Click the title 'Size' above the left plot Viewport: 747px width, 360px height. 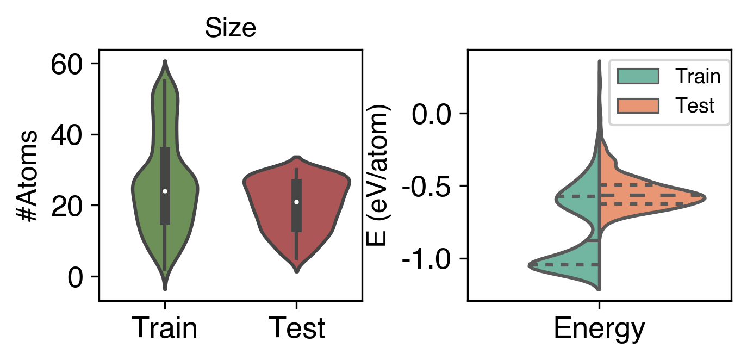[230, 29]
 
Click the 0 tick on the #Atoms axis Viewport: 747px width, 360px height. [77, 277]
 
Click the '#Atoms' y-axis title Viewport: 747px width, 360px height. [27, 175]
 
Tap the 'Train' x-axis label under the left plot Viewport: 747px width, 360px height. [165, 328]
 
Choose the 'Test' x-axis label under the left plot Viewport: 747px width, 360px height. [297, 328]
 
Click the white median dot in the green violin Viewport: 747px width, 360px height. [165, 191]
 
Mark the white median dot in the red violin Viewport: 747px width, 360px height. [296, 202]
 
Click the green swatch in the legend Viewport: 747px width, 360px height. [638, 77]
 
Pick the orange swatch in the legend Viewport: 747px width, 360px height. [638, 105]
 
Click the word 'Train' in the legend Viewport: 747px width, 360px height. [698, 77]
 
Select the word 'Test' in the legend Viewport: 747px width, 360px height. [694, 105]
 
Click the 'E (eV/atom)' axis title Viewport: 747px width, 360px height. [379, 175]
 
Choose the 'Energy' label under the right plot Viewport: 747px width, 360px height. [599, 328]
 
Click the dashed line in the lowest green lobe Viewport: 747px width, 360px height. [565, 265]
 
